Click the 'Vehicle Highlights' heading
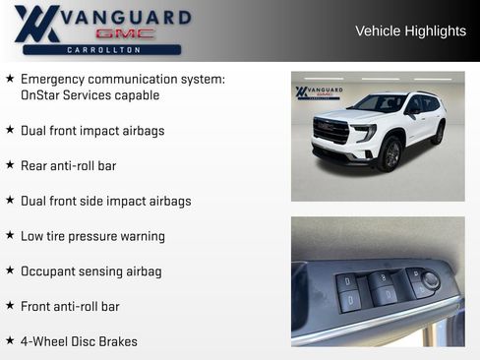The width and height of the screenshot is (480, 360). click(x=410, y=31)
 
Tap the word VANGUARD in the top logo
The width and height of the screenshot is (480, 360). click(x=126, y=17)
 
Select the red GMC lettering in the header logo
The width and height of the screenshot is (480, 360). click(x=125, y=33)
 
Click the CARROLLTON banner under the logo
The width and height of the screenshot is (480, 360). click(x=101, y=49)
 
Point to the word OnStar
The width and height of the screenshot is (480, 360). click(x=42, y=95)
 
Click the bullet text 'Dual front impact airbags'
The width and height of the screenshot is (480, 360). click(x=92, y=130)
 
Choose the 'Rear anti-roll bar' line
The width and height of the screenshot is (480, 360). click(x=68, y=165)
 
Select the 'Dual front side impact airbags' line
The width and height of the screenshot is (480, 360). click(x=105, y=201)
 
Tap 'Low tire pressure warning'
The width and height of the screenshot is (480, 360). click(x=92, y=236)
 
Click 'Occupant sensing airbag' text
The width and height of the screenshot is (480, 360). click(x=90, y=270)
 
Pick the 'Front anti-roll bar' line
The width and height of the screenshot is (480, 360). click(x=70, y=306)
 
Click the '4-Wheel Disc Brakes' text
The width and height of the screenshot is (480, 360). click(x=79, y=341)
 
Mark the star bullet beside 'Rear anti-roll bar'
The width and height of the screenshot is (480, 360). click(x=10, y=165)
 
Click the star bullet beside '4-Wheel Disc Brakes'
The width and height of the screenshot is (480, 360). click(x=10, y=341)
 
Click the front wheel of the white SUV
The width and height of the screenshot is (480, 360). click(x=391, y=153)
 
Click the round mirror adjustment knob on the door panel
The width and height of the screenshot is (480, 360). click(x=430, y=281)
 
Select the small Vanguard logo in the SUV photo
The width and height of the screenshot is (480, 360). click(x=319, y=93)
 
